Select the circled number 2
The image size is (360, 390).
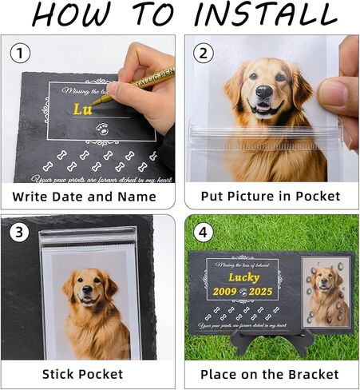(205, 54)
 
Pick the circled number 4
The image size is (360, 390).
(205, 234)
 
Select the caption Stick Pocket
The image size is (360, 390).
(83, 374)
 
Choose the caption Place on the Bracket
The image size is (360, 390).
(270, 374)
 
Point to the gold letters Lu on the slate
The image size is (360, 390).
(83, 109)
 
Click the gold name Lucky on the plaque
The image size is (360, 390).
(244, 277)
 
